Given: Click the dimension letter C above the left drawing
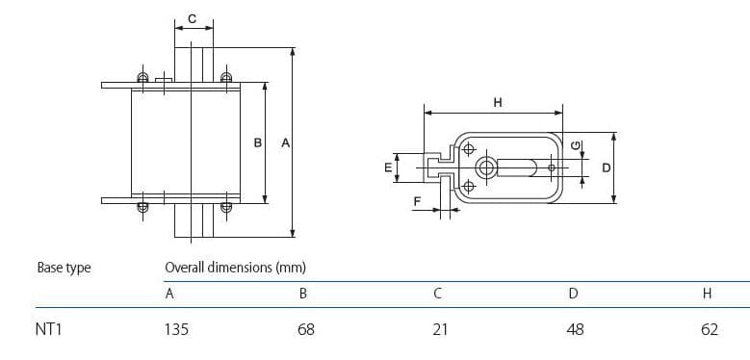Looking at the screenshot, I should click(x=192, y=18).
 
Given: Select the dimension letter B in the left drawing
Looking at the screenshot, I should click(x=257, y=142).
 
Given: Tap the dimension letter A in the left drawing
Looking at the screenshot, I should click(x=284, y=142).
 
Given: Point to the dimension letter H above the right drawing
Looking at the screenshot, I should click(x=497, y=102).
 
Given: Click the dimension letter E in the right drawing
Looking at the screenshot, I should click(x=388, y=167).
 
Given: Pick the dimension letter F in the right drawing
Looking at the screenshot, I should click(x=417, y=201).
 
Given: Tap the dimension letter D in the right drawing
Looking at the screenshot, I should click(x=606, y=167).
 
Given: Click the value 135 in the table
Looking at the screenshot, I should click(x=177, y=329).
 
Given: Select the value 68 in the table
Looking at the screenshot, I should click(x=306, y=329).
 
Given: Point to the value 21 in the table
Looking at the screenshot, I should click(x=440, y=329).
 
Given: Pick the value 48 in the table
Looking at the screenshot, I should click(x=575, y=329).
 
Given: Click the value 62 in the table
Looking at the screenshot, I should click(x=710, y=329).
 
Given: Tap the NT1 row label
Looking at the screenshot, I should click(x=50, y=329).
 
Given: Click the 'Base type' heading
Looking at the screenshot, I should click(x=64, y=268).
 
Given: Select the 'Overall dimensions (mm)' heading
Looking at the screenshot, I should click(x=235, y=268).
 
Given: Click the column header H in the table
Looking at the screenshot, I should click(x=708, y=295).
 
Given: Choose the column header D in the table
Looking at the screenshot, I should click(x=573, y=295).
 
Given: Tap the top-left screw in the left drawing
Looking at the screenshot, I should click(x=142, y=78).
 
